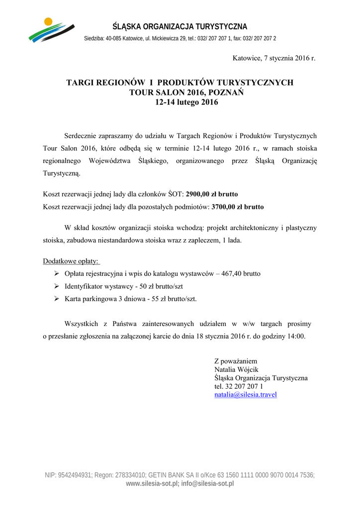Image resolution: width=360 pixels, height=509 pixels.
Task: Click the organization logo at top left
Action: pyautogui.click(x=51, y=30)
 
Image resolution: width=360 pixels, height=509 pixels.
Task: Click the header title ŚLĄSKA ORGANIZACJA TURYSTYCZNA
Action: pyautogui.click(x=180, y=26)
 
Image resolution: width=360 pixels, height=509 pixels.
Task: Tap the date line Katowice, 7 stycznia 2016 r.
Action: pyautogui.click(x=274, y=58)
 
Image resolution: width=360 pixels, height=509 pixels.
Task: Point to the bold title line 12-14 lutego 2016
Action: pyautogui.click(x=180, y=102)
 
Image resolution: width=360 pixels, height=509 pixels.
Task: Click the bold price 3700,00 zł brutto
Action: pyautogui.click(x=238, y=206)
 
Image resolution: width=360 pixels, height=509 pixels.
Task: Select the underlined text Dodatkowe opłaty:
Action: pyautogui.click(x=71, y=261)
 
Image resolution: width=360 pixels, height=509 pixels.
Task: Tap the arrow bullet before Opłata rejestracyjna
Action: pyautogui.click(x=56, y=274)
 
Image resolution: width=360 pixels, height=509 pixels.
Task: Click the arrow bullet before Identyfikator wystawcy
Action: pyautogui.click(x=56, y=287)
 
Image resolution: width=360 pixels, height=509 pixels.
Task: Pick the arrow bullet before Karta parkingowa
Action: pyautogui.click(x=56, y=299)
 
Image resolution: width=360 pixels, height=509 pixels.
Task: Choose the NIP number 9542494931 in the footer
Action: pyautogui.click(x=75, y=475)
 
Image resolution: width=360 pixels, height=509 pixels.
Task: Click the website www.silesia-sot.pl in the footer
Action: pyautogui.click(x=152, y=484)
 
